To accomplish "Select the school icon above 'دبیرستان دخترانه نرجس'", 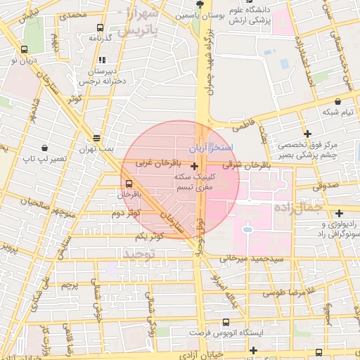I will pyautogui.click(x=103, y=60).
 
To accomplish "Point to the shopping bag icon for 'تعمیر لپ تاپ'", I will pyautogui.click(x=46, y=148).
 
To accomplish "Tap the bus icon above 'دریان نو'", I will pyautogui.click(x=25, y=49).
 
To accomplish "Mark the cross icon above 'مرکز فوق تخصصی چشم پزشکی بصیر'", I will pyautogui.click(x=307, y=134).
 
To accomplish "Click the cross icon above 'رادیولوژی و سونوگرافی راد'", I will pyautogui.click(x=339, y=212).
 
